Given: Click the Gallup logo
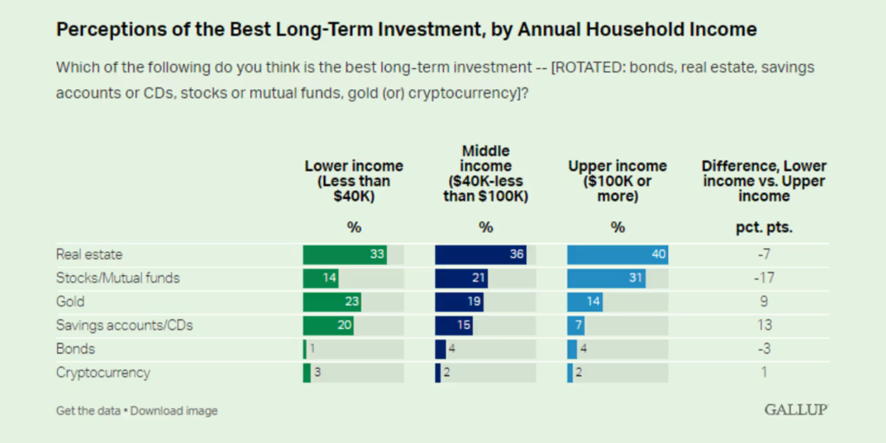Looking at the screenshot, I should pos(795,409).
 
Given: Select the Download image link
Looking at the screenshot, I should pos(174,411).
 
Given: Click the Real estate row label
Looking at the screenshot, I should pos(89,254).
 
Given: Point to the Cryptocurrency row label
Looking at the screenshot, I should pos(103,373).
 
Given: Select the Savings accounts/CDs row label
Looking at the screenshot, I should pos(124,325).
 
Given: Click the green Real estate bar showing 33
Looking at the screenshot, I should pos(344,254).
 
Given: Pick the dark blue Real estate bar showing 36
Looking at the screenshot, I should pos(481,254).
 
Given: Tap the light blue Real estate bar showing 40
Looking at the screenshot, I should pos(617,254).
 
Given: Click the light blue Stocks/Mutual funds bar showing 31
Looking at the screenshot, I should pos(606,279).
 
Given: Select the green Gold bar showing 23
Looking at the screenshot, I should pos(331,302).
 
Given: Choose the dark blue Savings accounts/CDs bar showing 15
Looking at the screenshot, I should pos(453,325).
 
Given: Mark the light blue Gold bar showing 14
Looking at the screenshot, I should pos(585,302).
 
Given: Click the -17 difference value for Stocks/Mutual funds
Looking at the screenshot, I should pos(764,279).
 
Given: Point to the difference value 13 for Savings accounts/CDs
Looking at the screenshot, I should pos(764,325).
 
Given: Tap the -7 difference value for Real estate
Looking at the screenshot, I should pos(764,254).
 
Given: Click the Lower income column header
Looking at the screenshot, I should pos(354,180).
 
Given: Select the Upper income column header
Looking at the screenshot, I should pos(617,180).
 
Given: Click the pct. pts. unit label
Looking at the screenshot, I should pos(764,228).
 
